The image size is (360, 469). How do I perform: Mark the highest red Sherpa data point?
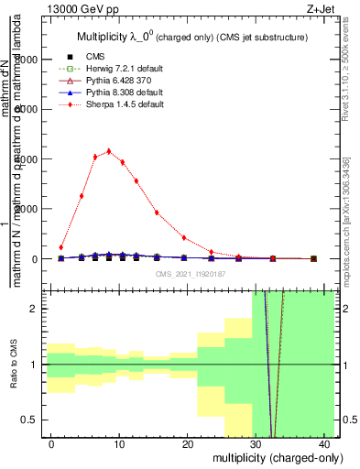click(x=109, y=151)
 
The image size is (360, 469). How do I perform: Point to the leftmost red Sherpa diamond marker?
click(x=61, y=247)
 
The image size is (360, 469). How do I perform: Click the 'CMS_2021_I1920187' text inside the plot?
click(x=191, y=274)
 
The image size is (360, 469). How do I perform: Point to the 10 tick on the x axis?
click(x=120, y=442)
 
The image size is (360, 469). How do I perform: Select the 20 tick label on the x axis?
click(x=191, y=442)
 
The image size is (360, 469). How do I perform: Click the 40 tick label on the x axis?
click(x=333, y=442)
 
